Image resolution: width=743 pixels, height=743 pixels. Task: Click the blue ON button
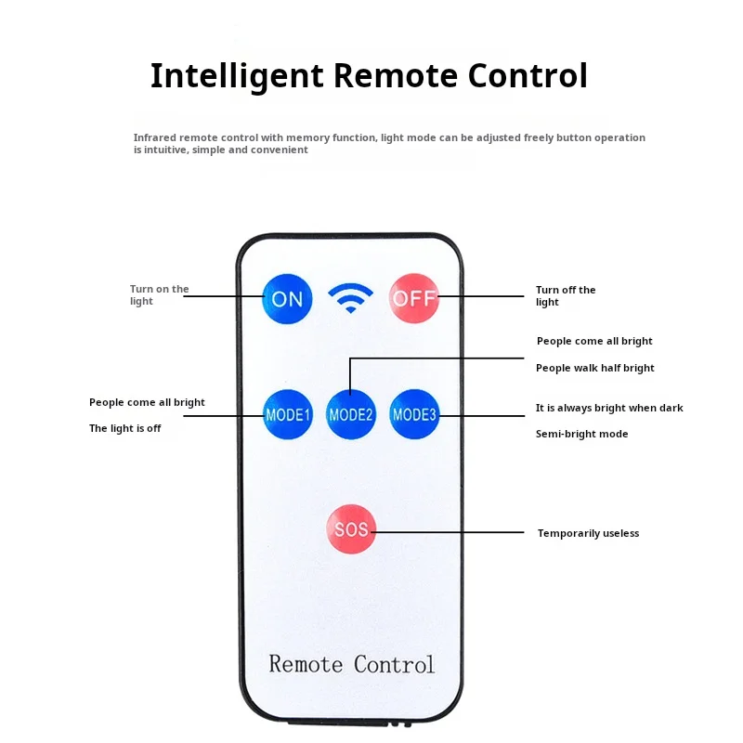tap(287, 299)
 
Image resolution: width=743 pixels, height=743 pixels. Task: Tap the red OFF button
tap(413, 298)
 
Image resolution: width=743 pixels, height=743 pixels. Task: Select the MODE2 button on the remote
tap(351, 414)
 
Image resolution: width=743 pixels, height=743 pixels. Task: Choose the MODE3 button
tap(414, 414)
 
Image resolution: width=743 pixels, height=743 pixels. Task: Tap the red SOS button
tap(351, 530)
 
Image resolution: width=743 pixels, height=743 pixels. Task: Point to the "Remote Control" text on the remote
tap(351, 664)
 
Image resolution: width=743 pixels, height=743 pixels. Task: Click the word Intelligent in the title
tap(238, 76)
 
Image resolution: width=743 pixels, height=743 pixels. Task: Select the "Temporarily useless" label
tap(588, 533)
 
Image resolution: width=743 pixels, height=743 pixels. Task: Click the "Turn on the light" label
tap(159, 295)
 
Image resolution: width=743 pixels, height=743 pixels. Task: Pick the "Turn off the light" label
tap(566, 296)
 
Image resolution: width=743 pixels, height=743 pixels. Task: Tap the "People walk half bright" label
tap(594, 368)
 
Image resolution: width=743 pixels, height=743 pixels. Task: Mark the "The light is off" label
tap(124, 428)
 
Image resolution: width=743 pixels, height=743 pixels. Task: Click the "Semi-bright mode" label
tap(581, 434)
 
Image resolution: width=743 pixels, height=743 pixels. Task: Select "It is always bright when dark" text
tap(608, 408)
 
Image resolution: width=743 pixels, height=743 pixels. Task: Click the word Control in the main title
tap(532, 76)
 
